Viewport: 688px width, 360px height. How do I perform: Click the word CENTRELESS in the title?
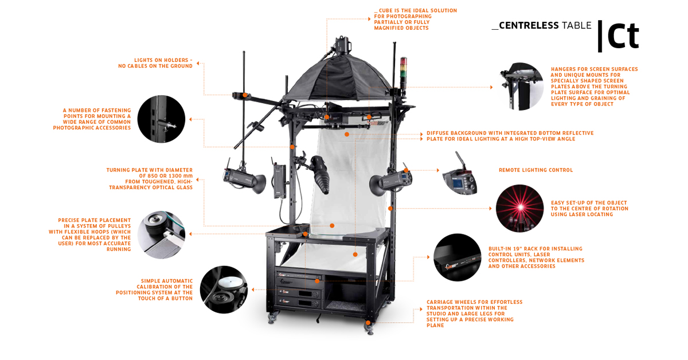click(528, 25)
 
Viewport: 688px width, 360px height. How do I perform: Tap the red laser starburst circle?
click(519, 208)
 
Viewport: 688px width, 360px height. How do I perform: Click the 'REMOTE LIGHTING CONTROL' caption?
click(535, 170)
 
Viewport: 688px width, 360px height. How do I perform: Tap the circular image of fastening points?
click(161, 119)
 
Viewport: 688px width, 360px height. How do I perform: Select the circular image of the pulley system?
click(161, 235)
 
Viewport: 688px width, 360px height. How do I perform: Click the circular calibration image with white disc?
click(224, 289)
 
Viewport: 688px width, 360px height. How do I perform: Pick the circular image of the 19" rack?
click(457, 257)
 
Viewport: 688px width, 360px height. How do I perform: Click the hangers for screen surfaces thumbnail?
click(521, 87)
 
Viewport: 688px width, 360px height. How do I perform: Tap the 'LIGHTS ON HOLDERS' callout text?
click(155, 63)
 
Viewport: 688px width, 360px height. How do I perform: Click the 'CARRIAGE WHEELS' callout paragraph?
click(474, 314)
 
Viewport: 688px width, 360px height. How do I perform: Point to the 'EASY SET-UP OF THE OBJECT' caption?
click(589, 209)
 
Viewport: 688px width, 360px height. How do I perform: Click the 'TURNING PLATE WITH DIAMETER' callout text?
click(150, 179)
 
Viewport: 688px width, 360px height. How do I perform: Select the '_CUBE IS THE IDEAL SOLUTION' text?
click(415, 19)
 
